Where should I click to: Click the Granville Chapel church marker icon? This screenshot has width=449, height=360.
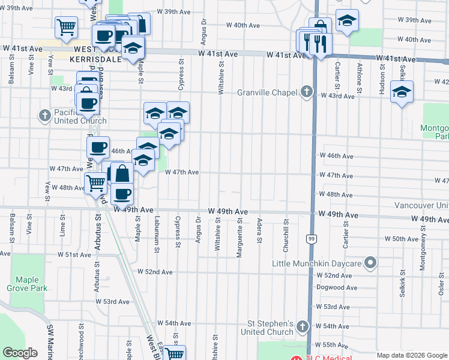point(307,92)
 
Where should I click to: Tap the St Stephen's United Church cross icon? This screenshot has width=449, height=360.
point(303,327)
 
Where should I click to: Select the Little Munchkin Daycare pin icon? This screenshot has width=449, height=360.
point(371,263)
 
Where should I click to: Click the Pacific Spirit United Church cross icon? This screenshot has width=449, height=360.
point(44,115)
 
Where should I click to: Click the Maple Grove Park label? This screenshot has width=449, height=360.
point(27,284)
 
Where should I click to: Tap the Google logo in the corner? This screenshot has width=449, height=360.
point(20,352)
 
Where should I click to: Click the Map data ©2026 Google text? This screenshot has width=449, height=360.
point(411,355)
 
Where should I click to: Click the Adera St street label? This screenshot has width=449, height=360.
point(259,231)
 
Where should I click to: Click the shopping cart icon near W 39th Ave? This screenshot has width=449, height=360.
point(66,26)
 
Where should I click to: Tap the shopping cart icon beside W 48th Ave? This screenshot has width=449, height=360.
point(95,182)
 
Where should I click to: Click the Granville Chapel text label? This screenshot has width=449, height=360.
point(267,92)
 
